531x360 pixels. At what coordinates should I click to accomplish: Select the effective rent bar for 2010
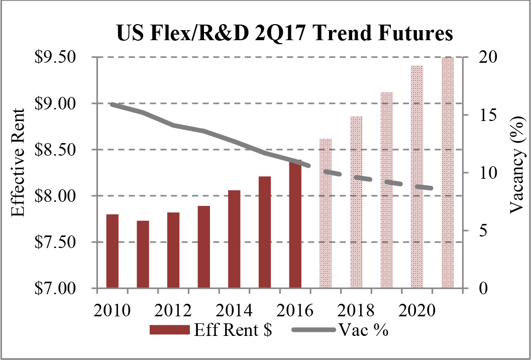pyautogui.click(x=113, y=251)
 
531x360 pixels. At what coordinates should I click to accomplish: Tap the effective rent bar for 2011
pyautogui.click(x=143, y=254)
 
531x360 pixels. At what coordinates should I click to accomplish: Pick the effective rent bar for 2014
pyautogui.click(x=234, y=239)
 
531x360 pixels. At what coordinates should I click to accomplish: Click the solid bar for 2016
pyautogui.click(x=295, y=224)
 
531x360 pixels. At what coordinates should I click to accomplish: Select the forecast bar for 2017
pyautogui.click(x=326, y=213)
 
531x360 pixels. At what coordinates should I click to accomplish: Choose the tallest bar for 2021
pyautogui.click(x=447, y=173)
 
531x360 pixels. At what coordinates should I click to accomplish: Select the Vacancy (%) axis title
pyautogui.click(x=515, y=164)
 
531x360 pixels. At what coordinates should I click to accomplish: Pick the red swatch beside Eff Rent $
pyautogui.click(x=169, y=330)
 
